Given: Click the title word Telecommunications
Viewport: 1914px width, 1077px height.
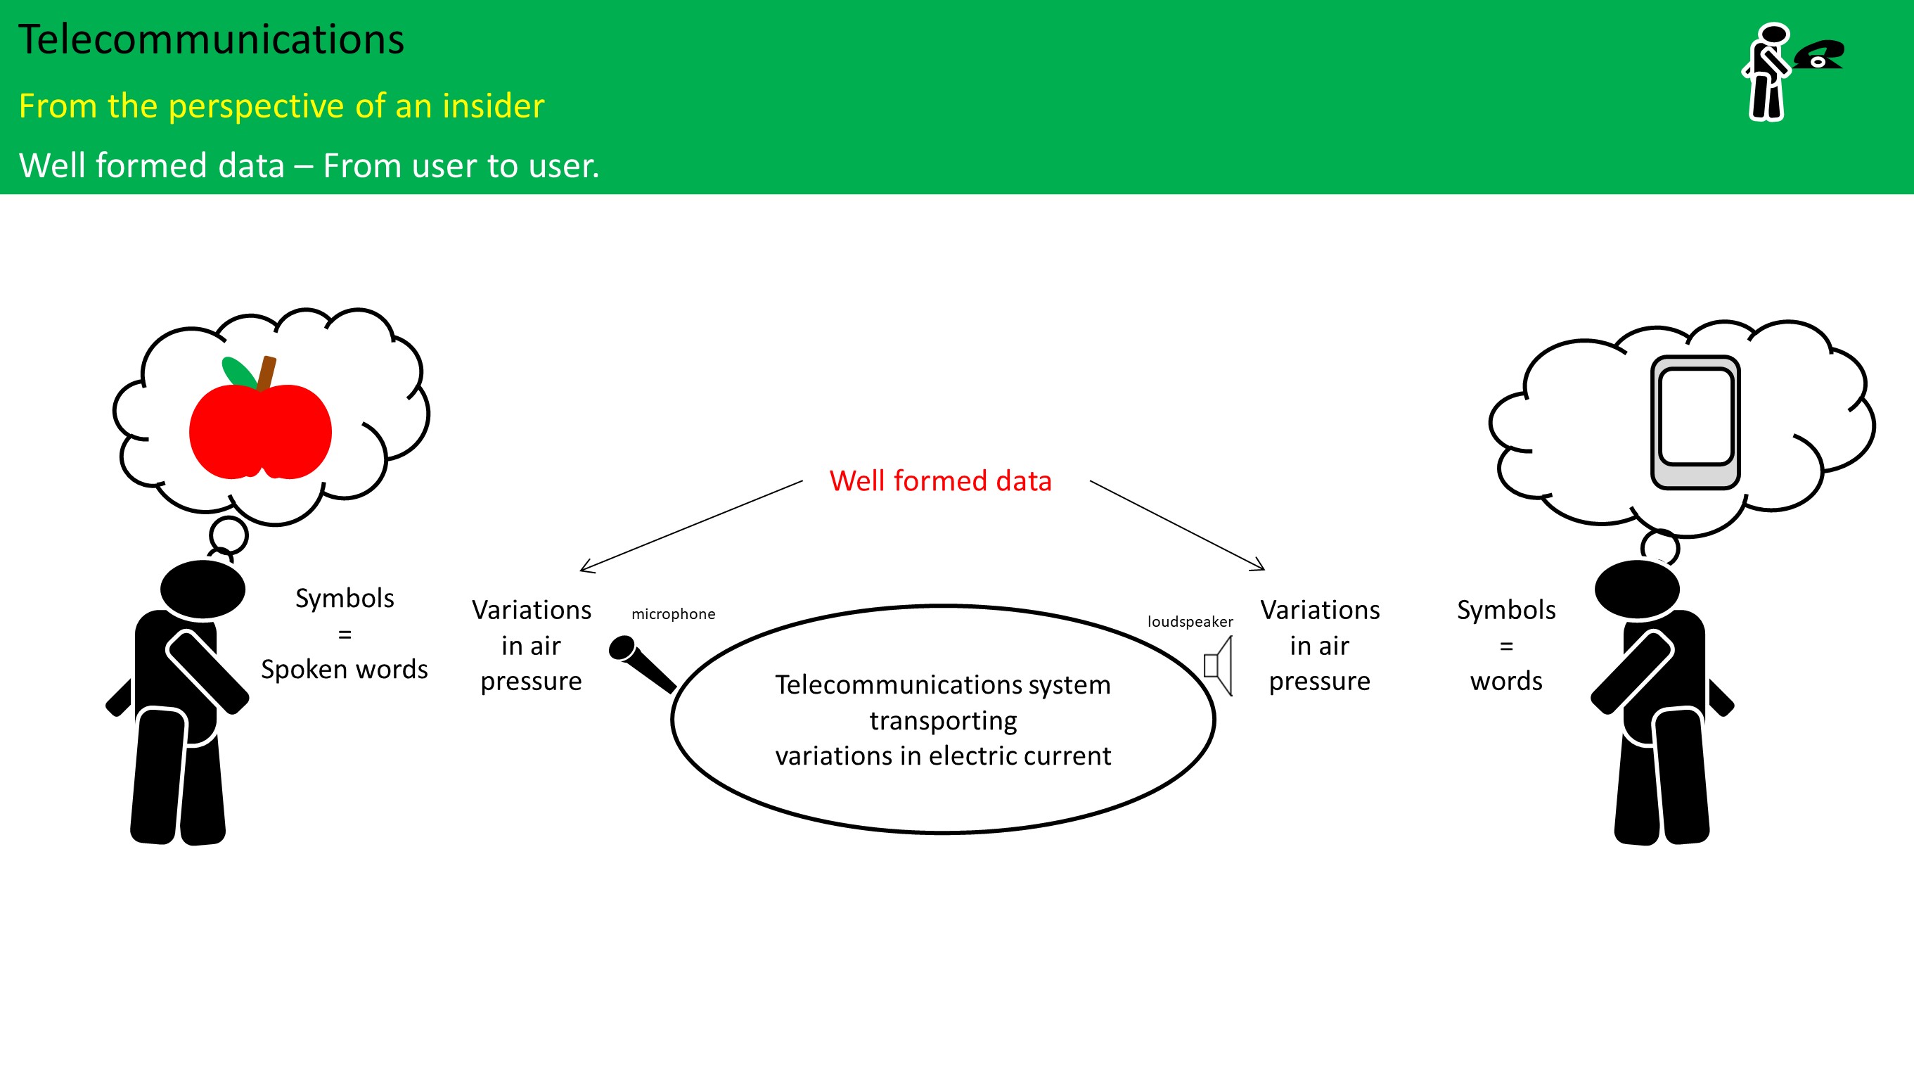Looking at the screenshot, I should pos(211,40).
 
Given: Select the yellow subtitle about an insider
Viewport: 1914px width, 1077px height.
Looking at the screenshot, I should pos(281,106).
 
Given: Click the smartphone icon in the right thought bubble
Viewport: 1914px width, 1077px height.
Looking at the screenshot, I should pos(1695,422).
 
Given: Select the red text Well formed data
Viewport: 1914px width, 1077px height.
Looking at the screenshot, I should pos(940,482).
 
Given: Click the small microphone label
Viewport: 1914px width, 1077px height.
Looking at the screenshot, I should pos(673,614).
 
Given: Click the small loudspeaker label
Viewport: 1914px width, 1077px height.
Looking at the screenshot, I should pos(1190,621).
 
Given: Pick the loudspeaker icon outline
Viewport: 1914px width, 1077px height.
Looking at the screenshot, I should pos(1219,666).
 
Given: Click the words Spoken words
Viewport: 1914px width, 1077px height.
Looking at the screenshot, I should pos(344,670).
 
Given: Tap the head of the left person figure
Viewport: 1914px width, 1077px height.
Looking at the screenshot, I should pos(202,590).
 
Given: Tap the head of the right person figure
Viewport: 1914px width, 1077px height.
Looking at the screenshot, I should pos(1637,590).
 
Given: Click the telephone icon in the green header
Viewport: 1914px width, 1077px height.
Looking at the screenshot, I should pos(1819,55).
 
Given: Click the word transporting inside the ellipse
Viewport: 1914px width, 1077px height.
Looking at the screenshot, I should pos(943,721).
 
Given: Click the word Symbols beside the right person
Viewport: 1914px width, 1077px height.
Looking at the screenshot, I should pos(1506,610).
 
